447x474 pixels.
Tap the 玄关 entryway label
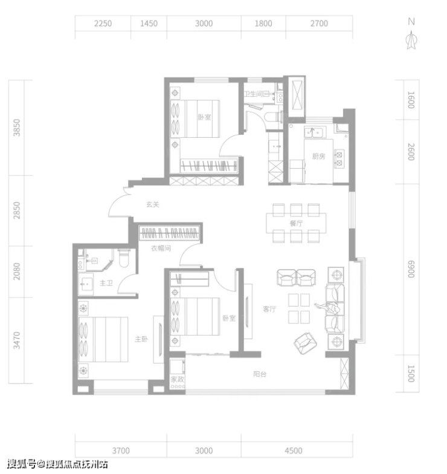pos(152,204)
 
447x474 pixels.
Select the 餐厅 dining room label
pos(296,224)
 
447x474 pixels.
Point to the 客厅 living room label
pos(269,309)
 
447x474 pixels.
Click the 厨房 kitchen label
pos(319,156)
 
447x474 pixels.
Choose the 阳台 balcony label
pos(260,374)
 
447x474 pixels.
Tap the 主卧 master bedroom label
pos(141,339)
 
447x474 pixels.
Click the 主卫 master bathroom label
pos(106,283)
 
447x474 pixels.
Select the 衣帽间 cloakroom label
pos(161,248)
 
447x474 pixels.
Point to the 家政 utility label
pos(178,380)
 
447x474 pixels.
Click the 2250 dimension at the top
pos(103,24)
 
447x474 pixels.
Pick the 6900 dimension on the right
pos(411,269)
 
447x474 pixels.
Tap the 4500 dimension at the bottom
pos(294,451)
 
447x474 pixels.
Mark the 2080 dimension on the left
pos(17,271)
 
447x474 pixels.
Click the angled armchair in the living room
pos(306,343)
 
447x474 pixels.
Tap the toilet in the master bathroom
pos(124,258)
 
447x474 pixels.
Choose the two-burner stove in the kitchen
pos(339,159)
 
